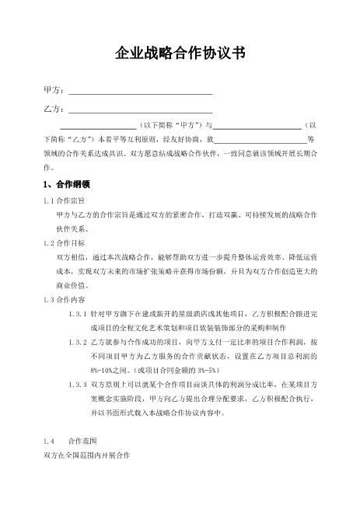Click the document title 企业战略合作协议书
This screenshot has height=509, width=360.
point(180,53)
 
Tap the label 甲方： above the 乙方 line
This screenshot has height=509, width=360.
point(54,91)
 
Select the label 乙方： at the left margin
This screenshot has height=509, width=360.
point(54,107)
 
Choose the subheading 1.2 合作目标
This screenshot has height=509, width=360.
point(65,242)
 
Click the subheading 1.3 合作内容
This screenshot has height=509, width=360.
point(65,298)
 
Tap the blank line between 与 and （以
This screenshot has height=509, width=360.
point(257,127)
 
